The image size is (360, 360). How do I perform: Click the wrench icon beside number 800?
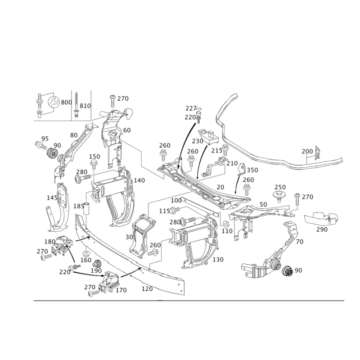point(54,102)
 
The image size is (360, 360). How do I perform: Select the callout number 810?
point(85,106)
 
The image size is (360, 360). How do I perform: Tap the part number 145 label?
point(52,198)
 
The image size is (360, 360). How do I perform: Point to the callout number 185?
point(79,206)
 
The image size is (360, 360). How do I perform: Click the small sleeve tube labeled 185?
point(86,208)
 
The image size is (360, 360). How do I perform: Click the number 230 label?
point(198,141)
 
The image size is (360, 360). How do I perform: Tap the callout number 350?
point(252,170)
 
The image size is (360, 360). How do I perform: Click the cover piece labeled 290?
point(321,217)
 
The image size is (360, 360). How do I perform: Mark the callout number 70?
point(300,242)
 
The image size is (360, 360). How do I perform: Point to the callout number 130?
point(218,260)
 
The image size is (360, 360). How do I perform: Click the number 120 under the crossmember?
point(147,288)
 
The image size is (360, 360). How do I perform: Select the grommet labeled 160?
point(86,253)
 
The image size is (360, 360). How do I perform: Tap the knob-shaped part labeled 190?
point(97,264)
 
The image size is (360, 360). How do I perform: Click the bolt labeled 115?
point(175,210)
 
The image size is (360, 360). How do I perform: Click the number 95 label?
point(45,139)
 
